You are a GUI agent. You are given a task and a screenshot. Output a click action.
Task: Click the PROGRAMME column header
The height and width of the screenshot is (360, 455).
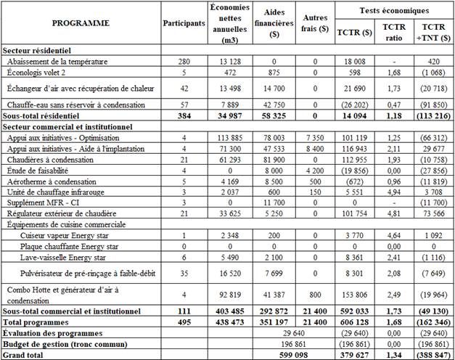pyautogui.click(x=81, y=23)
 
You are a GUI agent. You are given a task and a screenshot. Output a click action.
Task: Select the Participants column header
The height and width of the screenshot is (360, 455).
pyautogui.click(x=184, y=23)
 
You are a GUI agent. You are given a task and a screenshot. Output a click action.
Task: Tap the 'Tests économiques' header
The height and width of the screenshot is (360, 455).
pyautogui.click(x=395, y=10)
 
